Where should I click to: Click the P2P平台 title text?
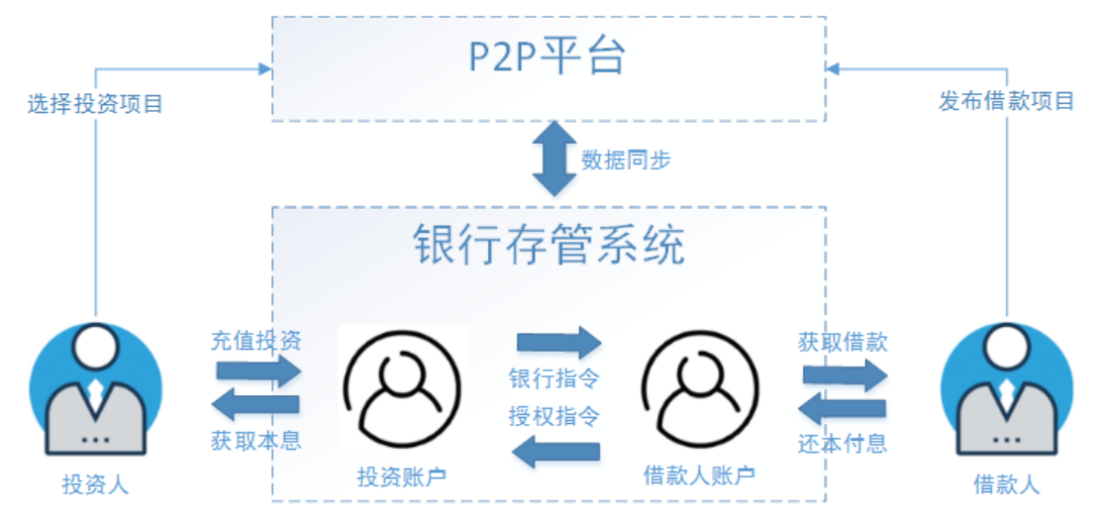(x=548, y=58)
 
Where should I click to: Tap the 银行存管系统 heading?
(x=549, y=246)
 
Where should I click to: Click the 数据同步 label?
(x=626, y=159)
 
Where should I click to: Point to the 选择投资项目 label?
(x=95, y=103)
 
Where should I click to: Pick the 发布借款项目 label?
(x=1006, y=100)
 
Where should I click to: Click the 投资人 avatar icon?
(x=95, y=390)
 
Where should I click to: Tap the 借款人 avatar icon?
(x=1006, y=390)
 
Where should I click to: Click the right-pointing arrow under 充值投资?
(x=257, y=371)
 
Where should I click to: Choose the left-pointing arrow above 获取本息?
(x=257, y=404)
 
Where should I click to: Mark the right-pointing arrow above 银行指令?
(x=558, y=343)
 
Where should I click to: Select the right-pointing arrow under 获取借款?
(x=845, y=374)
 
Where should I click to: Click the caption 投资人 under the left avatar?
(x=95, y=484)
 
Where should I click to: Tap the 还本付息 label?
(x=843, y=443)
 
